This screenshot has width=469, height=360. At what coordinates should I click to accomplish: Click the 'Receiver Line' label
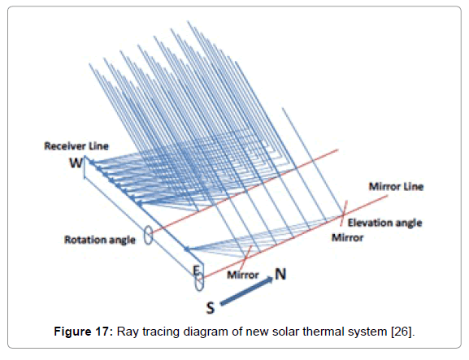click(76, 146)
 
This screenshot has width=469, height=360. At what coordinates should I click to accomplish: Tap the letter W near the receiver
click(76, 163)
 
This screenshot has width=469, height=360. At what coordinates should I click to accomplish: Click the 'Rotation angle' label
click(100, 240)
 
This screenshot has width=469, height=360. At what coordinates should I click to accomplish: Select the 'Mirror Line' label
click(396, 187)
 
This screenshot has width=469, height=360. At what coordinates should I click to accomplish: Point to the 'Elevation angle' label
click(384, 223)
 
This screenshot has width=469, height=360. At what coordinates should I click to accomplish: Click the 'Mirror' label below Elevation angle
click(348, 238)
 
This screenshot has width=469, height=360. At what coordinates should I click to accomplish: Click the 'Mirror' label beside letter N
click(243, 275)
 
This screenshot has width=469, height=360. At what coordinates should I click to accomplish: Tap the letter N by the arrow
click(280, 274)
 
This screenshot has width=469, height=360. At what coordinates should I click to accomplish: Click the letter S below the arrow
click(211, 308)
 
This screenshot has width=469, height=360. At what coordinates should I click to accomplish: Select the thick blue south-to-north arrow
click(246, 291)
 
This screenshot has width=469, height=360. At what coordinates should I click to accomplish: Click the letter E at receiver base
click(196, 271)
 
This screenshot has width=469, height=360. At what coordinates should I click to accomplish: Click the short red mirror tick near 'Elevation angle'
click(343, 213)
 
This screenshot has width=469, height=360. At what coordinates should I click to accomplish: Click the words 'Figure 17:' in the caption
click(84, 332)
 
